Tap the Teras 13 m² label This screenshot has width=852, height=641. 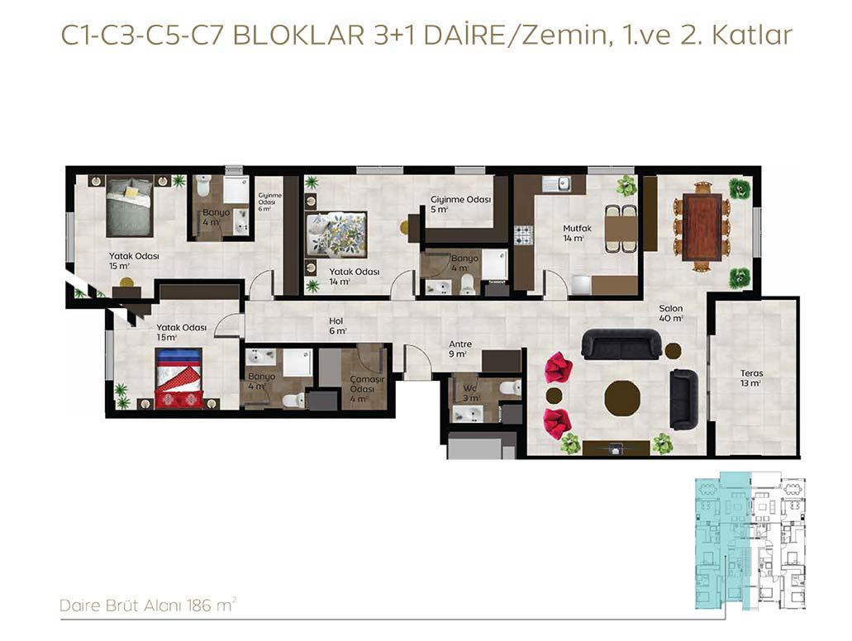pos(751,378)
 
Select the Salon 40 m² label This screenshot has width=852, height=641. pos(670,313)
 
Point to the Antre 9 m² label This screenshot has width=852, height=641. pos(459,349)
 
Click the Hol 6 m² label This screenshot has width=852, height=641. pos(337,325)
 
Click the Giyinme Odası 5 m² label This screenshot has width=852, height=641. pos(460,204)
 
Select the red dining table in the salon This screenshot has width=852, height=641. pos(702,226)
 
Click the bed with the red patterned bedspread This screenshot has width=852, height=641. pos(178,378)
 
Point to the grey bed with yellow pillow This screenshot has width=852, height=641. pos(129,207)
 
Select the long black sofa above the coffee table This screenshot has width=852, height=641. pos(622,344)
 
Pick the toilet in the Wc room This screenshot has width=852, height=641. pos(510,387)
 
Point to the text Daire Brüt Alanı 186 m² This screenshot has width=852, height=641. pos(148,605)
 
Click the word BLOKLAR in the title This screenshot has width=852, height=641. pos(298,36)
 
